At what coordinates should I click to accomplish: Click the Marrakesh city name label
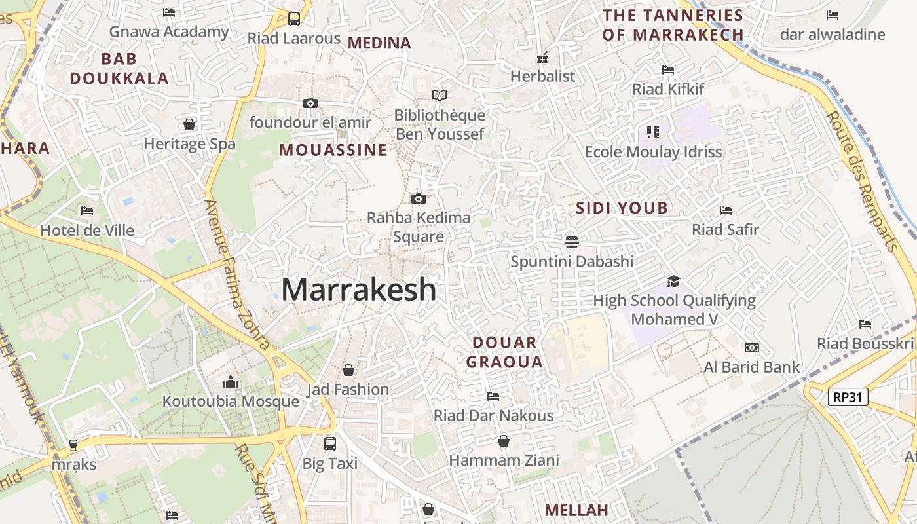pos(359,290)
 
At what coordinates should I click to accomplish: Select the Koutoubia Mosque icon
pos(231,382)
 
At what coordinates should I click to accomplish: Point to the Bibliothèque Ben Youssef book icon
pos(440,96)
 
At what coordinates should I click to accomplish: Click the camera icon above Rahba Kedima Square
pos(418,198)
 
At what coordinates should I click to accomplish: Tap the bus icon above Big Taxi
pos(330,444)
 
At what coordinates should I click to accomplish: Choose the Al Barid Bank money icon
pos(751,348)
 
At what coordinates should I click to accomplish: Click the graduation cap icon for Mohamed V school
pos(673,282)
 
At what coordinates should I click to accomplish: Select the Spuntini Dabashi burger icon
pos(571,242)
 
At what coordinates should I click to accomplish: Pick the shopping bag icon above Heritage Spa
pos(189,124)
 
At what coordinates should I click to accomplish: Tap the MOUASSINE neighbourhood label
pos(333,150)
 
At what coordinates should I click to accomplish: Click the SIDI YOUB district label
pos(622,208)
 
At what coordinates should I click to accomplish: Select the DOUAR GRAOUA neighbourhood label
pos(504,352)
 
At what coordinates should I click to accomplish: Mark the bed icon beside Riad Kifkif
pos(668,69)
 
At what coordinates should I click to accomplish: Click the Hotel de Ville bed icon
pos(87,211)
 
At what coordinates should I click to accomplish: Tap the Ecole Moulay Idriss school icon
pos(652,132)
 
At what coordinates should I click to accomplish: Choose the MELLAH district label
pos(576,510)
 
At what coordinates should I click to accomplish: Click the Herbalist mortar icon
pos(542,57)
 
